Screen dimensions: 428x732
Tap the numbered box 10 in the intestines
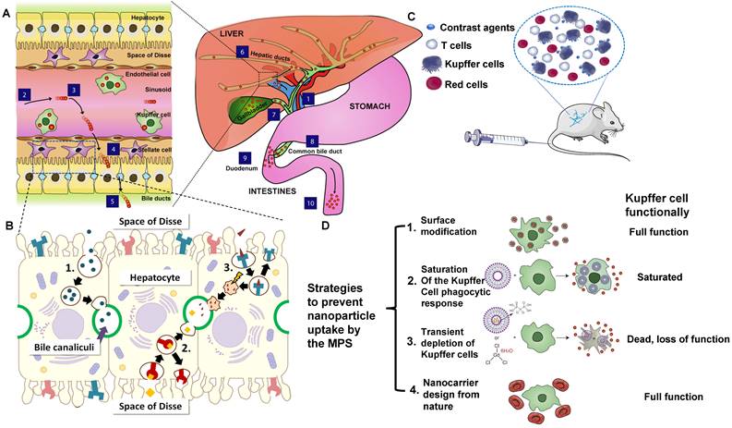tap(311, 202)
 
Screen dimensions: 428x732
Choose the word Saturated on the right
tap(661, 277)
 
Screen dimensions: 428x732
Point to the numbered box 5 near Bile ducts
tap(112, 200)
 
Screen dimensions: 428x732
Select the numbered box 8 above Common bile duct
tap(311, 141)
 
